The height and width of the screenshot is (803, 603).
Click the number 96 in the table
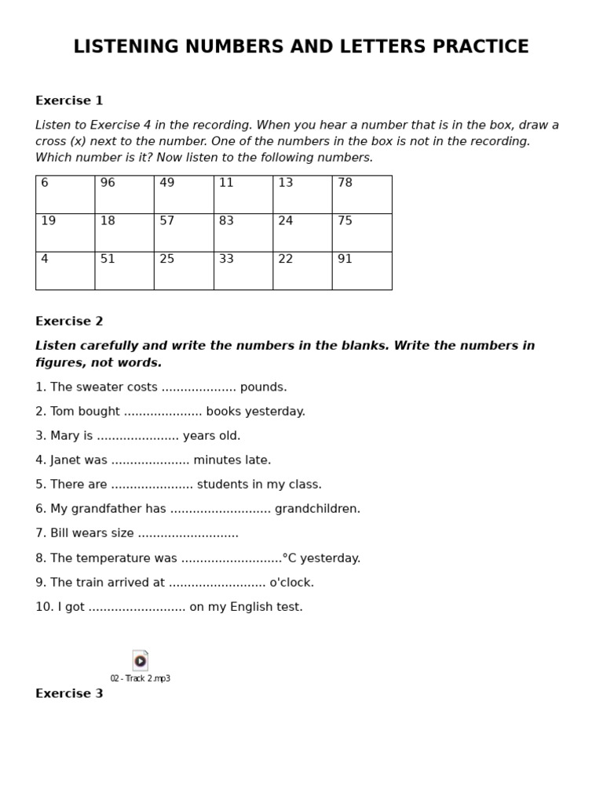(x=108, y=183)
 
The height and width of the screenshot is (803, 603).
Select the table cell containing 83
(x=243, y=232)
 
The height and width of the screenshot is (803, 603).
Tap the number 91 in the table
(x=345, y=260)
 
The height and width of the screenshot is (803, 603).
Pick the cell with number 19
(x=65, y=232)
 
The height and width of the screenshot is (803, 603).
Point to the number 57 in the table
(x=167, y=222)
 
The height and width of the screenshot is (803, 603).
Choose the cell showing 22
(x=302, y=271)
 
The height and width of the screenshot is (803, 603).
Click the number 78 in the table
(x=345, y=183)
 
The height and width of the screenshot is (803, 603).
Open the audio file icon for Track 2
(x=140, y=660)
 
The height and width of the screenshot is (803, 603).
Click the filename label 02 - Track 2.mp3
(x=140, y=679)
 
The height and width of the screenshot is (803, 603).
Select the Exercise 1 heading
(x=69, y=101)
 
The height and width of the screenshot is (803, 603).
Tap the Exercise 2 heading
(x=69, y=322)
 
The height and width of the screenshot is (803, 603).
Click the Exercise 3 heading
(x=69, y=694)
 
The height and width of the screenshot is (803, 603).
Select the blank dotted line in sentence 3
(x=137, y=437)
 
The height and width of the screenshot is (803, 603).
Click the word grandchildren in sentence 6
(x=317, y=510)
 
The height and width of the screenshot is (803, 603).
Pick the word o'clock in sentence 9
(x=291, y=583)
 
